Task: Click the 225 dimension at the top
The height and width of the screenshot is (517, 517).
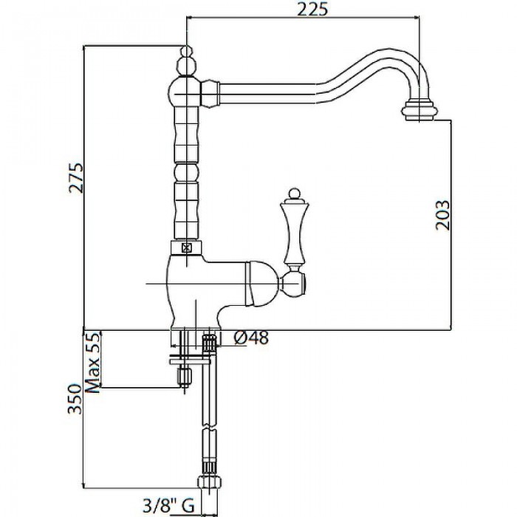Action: pyautogui.click(x=312, y=9)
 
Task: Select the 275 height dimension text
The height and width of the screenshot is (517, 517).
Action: pyautogui.click(x=76, y=177)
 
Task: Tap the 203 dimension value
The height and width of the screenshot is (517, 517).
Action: pyautogui.click(x=442, y=215)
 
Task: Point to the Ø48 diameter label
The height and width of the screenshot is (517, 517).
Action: pyautogui.click(x=251, y=338)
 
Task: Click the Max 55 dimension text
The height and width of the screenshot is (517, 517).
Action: pyautogui.click(x=92, y=362)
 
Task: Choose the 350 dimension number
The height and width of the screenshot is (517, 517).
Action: pyautogui.click(x=74, y=398)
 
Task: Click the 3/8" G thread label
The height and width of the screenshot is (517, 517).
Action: pyautogui.click(x=168, y=505)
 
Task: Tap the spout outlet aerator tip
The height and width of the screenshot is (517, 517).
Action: pyautogui.click(x=420, y=111)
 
